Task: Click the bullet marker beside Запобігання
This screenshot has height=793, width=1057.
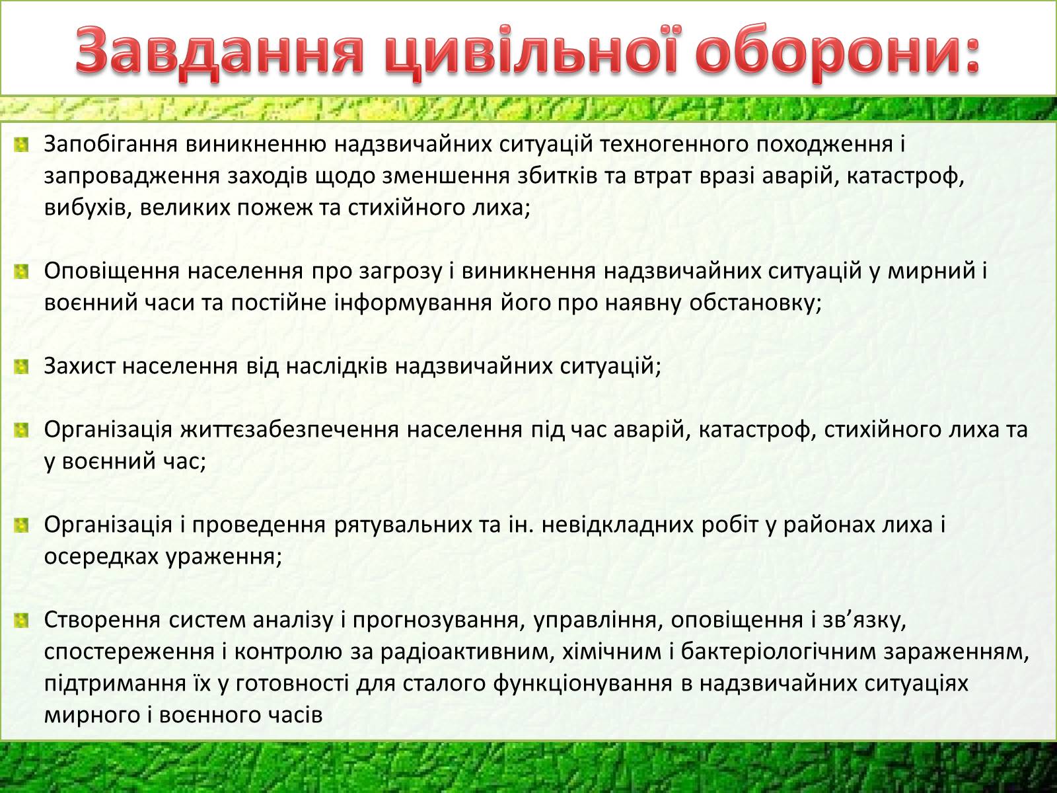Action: point(22,145)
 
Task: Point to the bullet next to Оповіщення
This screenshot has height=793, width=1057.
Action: point(22,272)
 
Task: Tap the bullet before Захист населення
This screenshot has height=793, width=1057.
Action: point(22,367)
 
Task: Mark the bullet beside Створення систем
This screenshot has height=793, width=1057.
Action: point(22,620)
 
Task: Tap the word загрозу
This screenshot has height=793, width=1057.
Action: point(400,272)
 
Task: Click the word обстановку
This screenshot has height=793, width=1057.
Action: point(755,303)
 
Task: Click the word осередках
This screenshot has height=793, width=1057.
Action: point(101,557)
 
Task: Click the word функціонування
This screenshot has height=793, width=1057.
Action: point(583,684)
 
